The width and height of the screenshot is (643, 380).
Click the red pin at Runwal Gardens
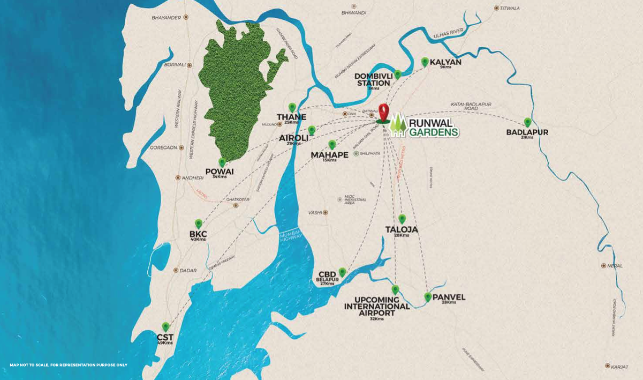[x=383, y=111]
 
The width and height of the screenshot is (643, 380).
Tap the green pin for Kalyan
[x=425, y=62]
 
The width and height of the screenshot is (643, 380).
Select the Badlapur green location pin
[x=527, y=122]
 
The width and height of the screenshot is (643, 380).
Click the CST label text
[x=165, y=337]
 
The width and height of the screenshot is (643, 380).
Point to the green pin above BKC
[x=199, y=223]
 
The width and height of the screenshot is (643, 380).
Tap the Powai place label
[x=220, y=172]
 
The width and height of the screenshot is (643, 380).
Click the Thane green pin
[x=292, y=107]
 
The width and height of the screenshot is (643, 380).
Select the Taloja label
[x=402, y=229]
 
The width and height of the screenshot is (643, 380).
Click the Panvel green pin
[x=428, y=296]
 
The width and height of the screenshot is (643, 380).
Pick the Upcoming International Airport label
[x=377, y=307]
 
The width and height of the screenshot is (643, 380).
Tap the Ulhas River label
[x=448, y=33]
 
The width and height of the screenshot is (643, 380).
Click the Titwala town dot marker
[x=496, y=8]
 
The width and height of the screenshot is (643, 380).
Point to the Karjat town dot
[x=607, y=366]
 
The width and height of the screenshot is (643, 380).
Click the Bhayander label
[x=166, y=17]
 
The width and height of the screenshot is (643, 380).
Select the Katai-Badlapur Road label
[x=471, y=106]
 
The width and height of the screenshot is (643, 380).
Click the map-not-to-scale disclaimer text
[x=69, y=365]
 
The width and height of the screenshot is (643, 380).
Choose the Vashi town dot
[x=325, y=212]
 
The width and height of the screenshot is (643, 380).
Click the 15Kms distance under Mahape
[x=329, y=160]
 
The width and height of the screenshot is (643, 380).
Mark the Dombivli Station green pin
[x=397, y=74]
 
